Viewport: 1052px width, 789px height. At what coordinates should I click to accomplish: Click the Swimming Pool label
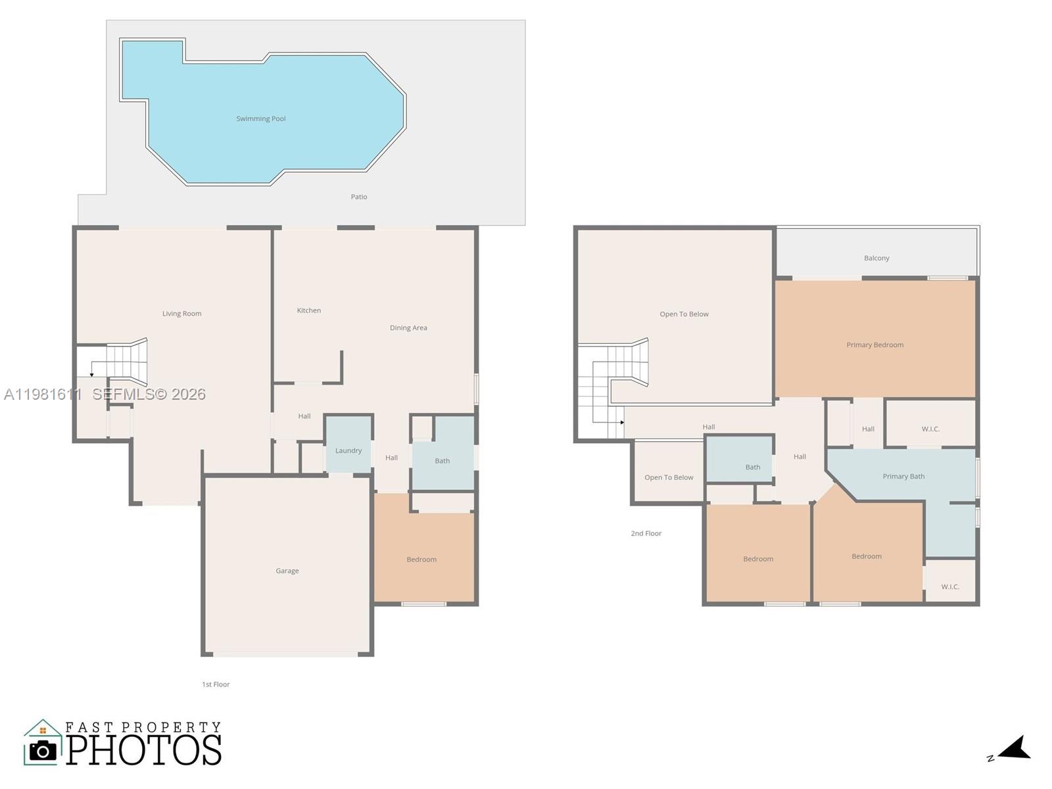tap(261, 119)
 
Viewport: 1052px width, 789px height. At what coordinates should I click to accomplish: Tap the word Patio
tap(359, 197)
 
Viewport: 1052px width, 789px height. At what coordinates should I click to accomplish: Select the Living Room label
tap(182, 314)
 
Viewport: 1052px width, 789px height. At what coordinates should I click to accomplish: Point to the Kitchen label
tap(309, 310)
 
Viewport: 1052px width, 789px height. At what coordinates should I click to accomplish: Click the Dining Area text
tap(408, 327)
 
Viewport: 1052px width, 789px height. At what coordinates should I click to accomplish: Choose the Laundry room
tap(348, 451)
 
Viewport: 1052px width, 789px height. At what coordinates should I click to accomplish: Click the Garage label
tap(287, 571)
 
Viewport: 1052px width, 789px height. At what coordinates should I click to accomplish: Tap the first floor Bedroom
tap(421, 560)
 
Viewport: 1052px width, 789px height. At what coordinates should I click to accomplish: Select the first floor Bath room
tap(442, 461)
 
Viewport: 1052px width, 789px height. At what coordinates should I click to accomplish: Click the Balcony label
tap(876, 258)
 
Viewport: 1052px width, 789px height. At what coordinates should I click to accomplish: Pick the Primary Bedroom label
tap(874, 345)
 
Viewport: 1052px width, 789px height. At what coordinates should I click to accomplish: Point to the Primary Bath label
tap(903, 476)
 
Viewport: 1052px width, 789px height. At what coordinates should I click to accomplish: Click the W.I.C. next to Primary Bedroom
tap(930, 429)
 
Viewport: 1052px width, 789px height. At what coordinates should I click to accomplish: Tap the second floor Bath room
tap(753, 467)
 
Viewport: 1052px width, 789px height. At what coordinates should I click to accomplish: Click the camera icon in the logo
tap(43, 750)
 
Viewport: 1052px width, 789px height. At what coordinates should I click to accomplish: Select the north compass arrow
tap(1015, 748)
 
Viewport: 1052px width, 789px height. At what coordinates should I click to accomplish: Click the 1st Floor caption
tap(216, 684)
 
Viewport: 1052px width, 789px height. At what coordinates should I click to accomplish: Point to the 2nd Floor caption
tap(646, 533)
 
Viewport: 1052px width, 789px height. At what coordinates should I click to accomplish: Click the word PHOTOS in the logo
tap(143, 750)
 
